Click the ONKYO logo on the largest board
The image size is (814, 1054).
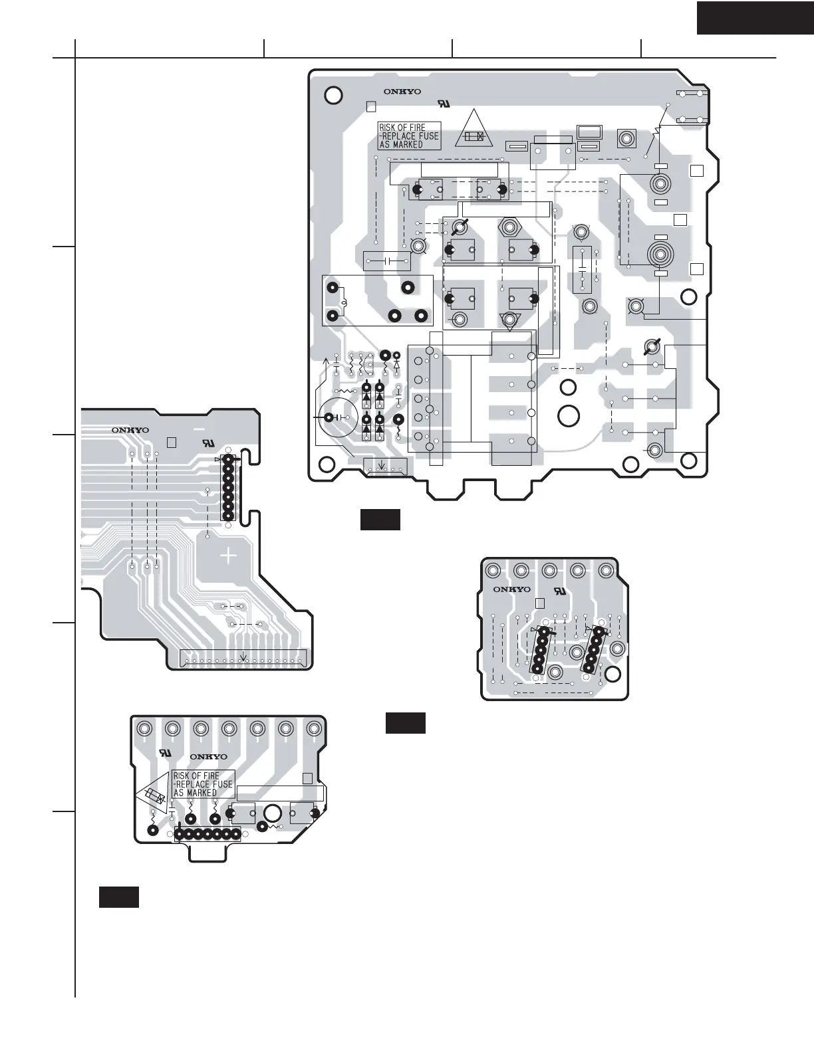pos(402,92)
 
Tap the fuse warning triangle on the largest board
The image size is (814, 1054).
pos(474,130)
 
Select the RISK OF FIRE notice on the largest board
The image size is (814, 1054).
pos(409,136)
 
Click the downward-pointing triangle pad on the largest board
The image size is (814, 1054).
pos(510,320)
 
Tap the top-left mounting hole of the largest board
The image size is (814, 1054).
pos(334,95)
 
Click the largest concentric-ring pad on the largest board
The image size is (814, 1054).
pos(660,254)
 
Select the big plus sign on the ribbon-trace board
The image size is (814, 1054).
pos(227,555)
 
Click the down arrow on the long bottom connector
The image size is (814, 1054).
pos(245,657)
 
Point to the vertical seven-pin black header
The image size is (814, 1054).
pos(229,488)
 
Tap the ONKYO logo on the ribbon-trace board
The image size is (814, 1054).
pos(130,429)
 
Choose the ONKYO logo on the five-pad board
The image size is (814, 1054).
pos(511,589)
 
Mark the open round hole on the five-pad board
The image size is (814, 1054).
pos(613,674)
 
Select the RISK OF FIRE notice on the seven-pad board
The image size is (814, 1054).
pos(203,784)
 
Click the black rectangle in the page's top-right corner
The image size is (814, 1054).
pos(755,17)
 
